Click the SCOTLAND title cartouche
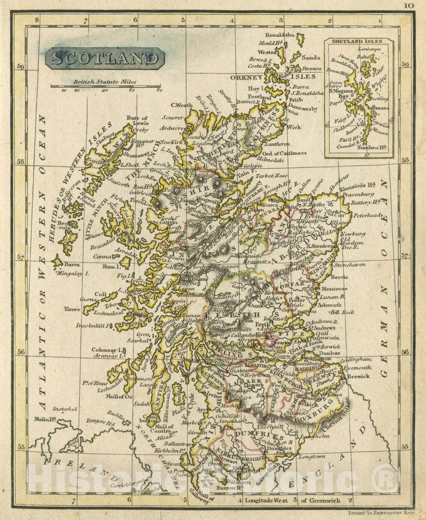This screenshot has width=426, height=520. pos(105,58)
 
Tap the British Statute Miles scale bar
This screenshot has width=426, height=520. pos(105,86)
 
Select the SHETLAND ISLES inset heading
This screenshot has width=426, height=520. pos(359,42)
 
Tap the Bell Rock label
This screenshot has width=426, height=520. pos(342,312)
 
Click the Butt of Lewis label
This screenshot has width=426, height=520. pos(137,120)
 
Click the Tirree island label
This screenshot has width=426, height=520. pos(72,309)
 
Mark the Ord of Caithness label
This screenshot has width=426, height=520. pos(284,153)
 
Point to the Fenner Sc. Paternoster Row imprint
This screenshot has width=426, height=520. pos(381,513)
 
